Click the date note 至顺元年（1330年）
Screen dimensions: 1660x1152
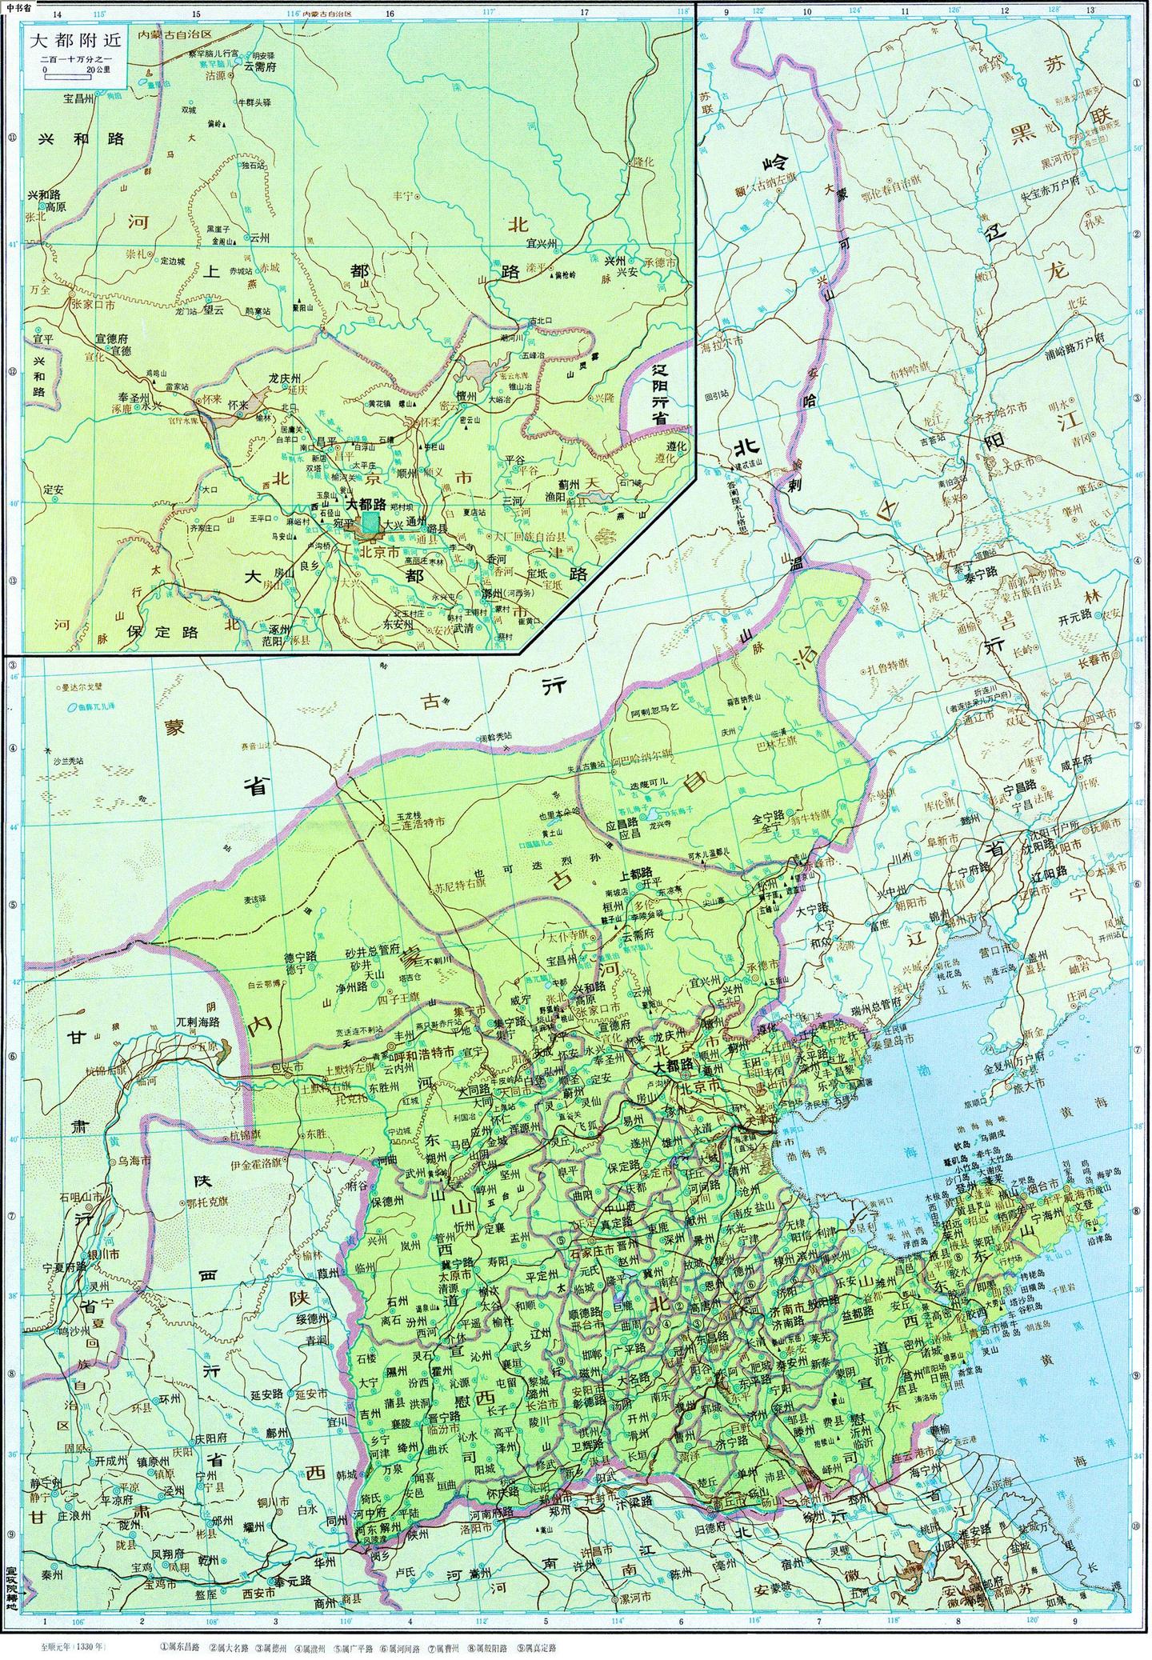68,1646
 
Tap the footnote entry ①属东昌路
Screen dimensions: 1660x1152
180,1646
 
